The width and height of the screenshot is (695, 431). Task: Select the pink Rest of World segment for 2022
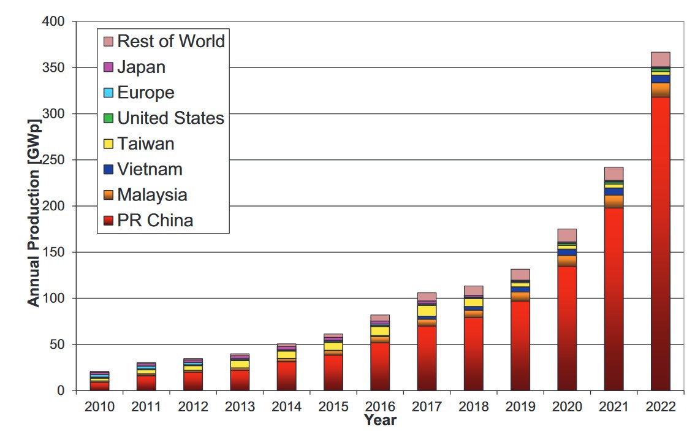660,59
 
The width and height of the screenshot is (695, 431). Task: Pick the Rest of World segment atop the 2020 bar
567,235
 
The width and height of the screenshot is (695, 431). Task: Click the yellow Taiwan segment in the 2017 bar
427,311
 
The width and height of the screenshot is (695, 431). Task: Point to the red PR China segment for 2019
520,346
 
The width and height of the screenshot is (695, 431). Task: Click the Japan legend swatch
108,67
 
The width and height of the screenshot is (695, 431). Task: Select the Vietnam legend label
150,169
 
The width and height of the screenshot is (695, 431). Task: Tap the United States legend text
170,118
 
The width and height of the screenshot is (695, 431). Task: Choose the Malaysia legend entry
152,195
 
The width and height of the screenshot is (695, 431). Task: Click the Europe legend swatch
108,93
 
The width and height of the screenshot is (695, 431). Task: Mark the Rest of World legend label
170,41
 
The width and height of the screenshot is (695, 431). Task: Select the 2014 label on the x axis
286,407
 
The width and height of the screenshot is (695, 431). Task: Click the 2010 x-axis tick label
100,407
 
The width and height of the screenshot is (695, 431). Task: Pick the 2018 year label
473,407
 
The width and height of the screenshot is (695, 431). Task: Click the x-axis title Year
380,421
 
